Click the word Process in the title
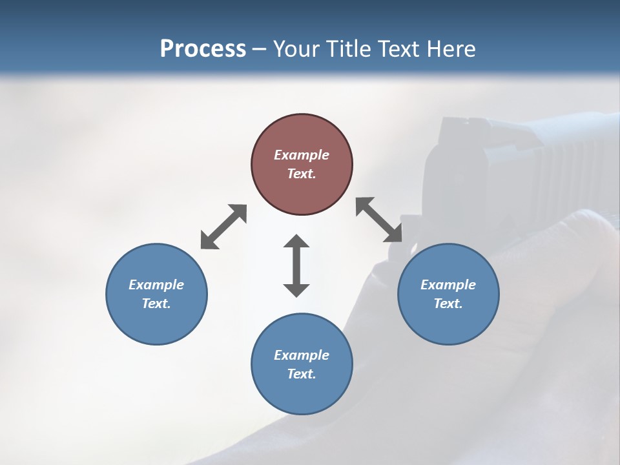[x=203, y=49]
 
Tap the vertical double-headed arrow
[x=296, y=265]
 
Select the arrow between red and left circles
[x=223, y=227]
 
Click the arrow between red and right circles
[x=379, y=220]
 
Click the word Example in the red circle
[x=302, y=155]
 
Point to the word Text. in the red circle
[x=302, y=174]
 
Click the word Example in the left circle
[x=156, y=285]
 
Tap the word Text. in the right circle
[x=448, y=304]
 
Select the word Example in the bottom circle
[x=302, y=355]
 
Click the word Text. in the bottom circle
[x=302, y=374]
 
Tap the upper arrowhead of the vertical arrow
[x=296, y=242]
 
